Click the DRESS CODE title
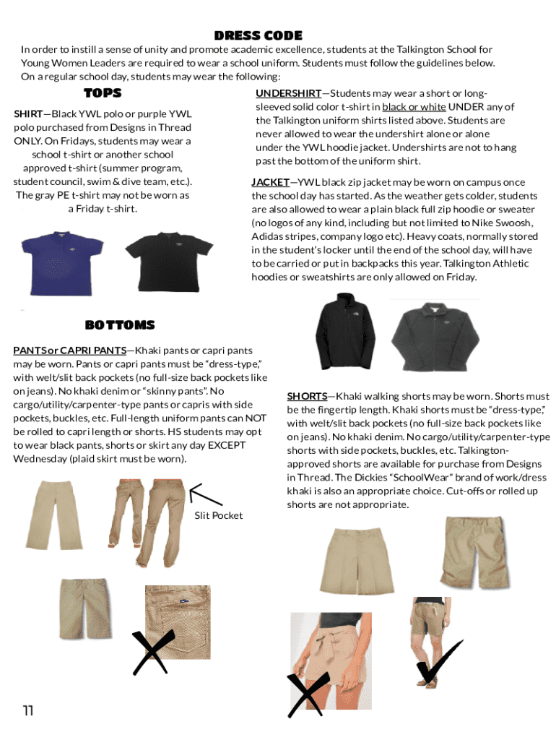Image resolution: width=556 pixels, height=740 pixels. coord(258,35)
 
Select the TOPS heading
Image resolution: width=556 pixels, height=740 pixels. coord(103,92)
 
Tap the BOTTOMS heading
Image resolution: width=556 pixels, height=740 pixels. coord(119,325)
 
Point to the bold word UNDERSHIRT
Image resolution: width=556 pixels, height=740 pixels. coord(288,93)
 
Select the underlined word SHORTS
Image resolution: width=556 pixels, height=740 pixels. coord(307,396)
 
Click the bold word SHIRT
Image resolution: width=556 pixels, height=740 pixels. coord(28,114)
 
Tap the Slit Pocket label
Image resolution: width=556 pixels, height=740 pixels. coord(218,515)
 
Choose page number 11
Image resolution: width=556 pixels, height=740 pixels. coord(28,711)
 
